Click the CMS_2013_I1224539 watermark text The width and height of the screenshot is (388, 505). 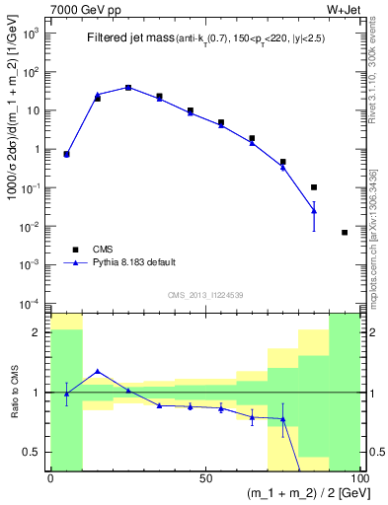pyautogui.click(x=204, y=294)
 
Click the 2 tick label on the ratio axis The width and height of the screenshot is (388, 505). pyautogui.click(x=39, y=332)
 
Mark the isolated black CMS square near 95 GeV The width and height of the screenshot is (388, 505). pyautogui.click(x=345, y=232)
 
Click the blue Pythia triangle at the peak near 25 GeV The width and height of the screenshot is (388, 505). pyautogui.click(x=128, y=87)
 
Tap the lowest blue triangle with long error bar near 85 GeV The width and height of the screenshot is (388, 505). pyautogui.click(x=314, y=210)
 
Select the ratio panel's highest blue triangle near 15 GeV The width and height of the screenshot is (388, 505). pyautogui.click(x=97, y=371)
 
